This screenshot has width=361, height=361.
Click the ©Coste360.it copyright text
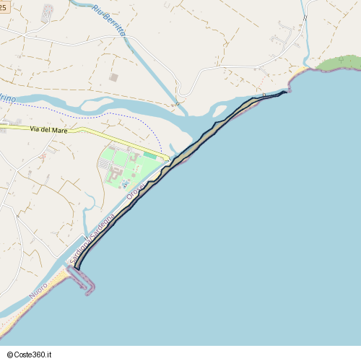point(29,355)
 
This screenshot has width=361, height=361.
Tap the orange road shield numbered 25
point(4,6)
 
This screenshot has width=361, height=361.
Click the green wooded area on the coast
point(338,64)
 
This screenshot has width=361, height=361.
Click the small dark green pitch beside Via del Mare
point(149,155)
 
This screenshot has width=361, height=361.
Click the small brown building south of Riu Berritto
point(113,77)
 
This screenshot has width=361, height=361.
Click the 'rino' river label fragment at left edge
point(7,97)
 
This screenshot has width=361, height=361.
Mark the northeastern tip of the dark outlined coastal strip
point(286,92)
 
